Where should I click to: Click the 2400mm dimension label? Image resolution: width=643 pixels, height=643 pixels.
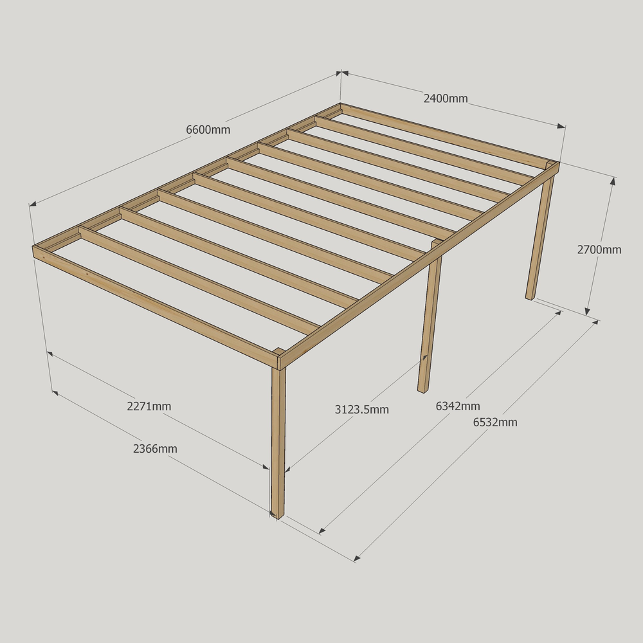click(x=446, y=98)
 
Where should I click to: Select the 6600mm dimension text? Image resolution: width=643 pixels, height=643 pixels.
click(x=208, y=130)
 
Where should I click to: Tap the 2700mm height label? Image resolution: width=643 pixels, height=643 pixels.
click(x=599, y=249)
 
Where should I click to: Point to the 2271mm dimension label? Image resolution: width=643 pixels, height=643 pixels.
click(x=149, y=406)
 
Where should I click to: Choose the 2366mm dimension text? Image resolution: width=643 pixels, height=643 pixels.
click(x=155, y=449)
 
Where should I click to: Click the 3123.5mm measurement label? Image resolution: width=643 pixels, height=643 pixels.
click(x=361, y=409)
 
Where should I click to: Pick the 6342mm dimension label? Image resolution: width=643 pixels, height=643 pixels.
click(x=458, y=406)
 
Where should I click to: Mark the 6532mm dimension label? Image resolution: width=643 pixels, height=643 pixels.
click(x=495, y=422)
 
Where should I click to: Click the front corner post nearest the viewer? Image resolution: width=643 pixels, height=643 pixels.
click(x=278, y=443)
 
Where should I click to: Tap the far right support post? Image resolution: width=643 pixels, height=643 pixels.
click(x=539, y=237)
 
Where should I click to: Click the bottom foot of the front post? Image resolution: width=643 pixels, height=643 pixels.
click(x=278, y=516)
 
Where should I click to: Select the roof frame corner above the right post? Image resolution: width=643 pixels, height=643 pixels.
click(x=558, y=164)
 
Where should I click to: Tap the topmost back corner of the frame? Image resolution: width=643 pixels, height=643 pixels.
click(x=340, y=105)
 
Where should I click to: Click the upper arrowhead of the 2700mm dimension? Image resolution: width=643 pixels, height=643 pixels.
click(x=613, y=181)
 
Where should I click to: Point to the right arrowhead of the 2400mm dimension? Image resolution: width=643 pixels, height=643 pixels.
click(x=561, y=126)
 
